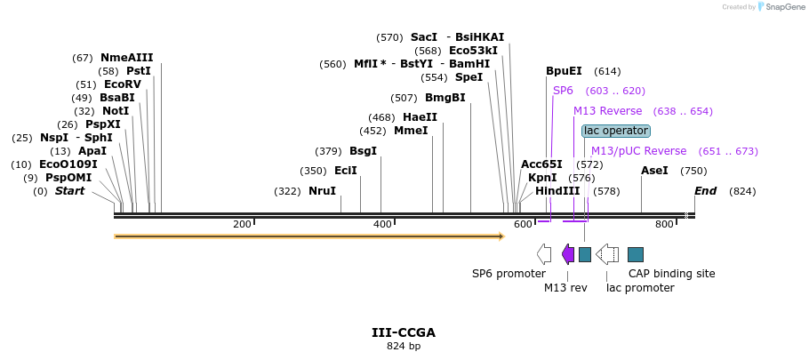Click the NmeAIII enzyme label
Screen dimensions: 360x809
(126, 58)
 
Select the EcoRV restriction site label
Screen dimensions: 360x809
(122, 84)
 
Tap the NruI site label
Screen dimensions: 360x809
(322, 191)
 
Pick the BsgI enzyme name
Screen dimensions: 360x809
(363, 151)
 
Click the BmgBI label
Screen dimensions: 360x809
(445, 98)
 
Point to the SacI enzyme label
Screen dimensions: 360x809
(424, 37)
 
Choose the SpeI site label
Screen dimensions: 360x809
(469, 77)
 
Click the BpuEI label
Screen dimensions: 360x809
(564, 71)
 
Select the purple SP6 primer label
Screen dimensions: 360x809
(563, 91)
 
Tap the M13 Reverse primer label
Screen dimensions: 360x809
(607, 111)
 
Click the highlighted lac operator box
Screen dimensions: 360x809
(615, 131)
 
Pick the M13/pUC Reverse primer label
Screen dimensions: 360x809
(638, 151)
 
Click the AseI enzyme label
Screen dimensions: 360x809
(654, 171)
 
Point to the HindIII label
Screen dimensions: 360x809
(557, 191)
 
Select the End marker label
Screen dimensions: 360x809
(705, 191)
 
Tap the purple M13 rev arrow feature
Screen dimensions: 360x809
(568, 255)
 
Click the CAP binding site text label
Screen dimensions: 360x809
(671, 274)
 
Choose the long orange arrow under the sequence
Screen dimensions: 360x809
(308, 236)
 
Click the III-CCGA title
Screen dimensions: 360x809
(404, 332)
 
